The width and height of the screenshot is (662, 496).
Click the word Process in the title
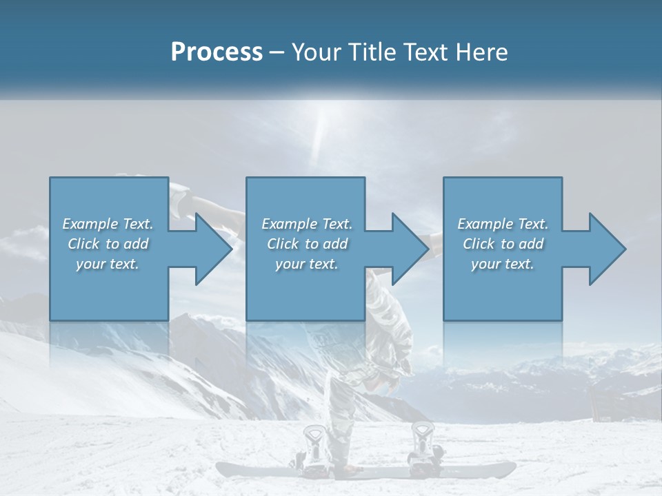tap(217, 52)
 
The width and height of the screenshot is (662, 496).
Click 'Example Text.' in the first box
tap(108, 224)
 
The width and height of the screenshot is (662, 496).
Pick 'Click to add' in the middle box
tap(307, 244)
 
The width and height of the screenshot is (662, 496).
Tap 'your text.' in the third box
tap(503, 264)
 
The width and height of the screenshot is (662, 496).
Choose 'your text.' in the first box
tap(108, 264)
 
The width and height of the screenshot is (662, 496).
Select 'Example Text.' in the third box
tap(503, 224)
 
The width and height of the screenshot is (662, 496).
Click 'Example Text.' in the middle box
tap(307, 224)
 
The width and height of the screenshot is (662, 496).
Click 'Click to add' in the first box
tap(108, 244)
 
